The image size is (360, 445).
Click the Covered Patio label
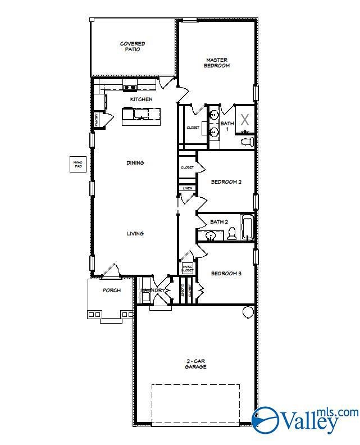click(x=132, y=47)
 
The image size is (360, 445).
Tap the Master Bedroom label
click(x=217, y=62)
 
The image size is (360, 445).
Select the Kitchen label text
click(x=141, y=99)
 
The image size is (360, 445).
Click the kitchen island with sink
click(x=141, y=115)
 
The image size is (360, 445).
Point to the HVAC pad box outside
click(x=77, y=164)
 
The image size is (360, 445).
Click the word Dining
click(x=135, y=163)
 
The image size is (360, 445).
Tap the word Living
click(x=135, y=234)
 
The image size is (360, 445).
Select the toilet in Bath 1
click(x=247, y=142)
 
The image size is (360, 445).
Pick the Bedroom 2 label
click(x=226, y=182)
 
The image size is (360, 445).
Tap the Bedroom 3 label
click(x=226, y=274)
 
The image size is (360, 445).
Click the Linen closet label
click(x=187, y=188)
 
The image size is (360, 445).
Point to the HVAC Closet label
click(x=187, y=269)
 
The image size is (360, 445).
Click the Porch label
click(x=111, y=290)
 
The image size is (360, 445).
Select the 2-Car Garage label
click(x=196, y=364)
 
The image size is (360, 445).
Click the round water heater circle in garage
click(x=248, y=312)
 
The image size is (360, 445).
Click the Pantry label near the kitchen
click(x=96, y=120)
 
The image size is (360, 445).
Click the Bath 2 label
click(x=219, y=222)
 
